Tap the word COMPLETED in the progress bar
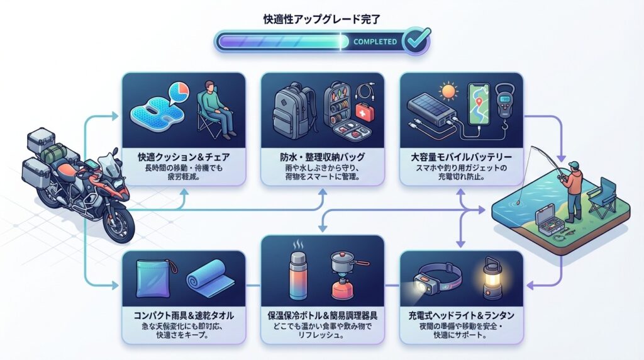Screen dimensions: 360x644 [x=375, y=42]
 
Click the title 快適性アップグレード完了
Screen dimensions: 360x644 [x=321, y=19]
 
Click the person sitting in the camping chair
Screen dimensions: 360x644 [x=218, y=110]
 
